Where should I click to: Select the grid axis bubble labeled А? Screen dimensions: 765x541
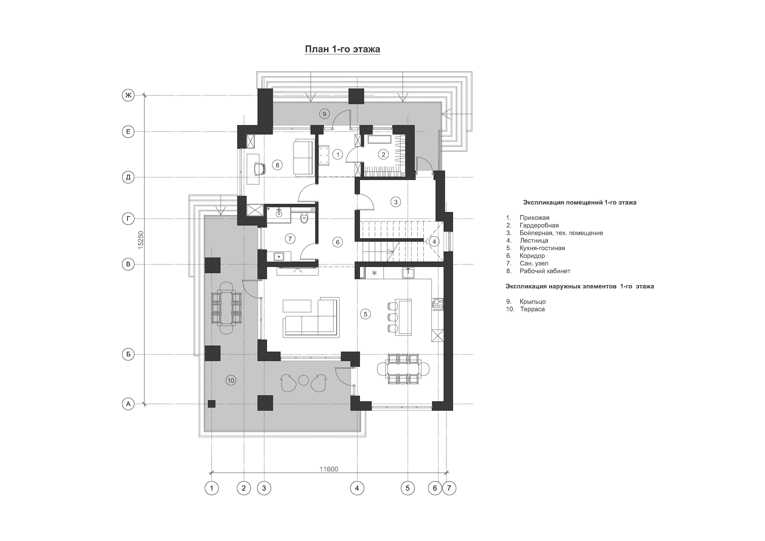coord(128,404)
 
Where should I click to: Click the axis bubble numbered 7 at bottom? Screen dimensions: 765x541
coord(449,488)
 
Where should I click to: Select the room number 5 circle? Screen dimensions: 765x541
coord(365,314)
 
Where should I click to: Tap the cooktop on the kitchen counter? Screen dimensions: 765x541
coord(437,304)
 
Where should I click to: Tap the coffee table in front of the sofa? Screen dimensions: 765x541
coord(297,306)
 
